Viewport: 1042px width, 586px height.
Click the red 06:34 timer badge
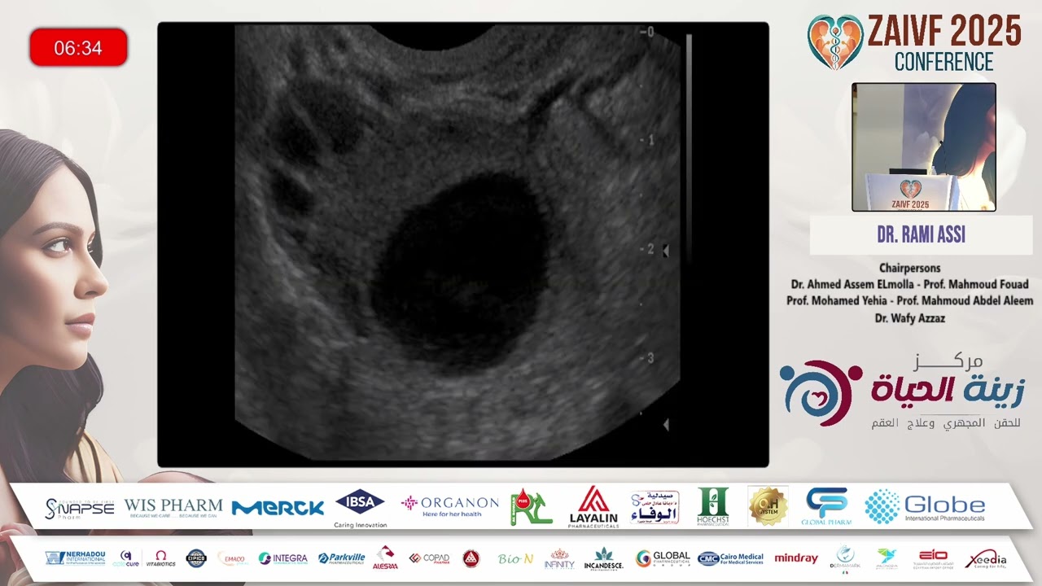[78, 48]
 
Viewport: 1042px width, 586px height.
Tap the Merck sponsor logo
[278, 508]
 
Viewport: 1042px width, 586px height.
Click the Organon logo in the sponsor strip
[449, 505]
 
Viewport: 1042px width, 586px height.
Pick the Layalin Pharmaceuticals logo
[593, 506]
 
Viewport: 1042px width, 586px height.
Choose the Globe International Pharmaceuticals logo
[925, 506]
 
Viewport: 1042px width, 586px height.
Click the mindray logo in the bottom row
[795, 558]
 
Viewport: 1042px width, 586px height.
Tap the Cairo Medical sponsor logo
[730, 558]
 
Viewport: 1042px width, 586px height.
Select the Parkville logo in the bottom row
[341, 558]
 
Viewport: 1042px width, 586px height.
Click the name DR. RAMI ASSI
[921, 235]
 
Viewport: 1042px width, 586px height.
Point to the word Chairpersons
[909, 268]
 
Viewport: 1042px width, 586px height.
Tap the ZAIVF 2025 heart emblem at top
[834, 41]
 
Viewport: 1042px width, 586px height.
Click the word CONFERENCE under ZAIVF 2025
[943, 62]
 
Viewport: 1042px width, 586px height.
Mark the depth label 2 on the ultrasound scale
[650, 249]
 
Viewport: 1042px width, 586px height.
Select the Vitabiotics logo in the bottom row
[160, 558]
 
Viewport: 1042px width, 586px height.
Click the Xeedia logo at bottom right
[985, 560]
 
